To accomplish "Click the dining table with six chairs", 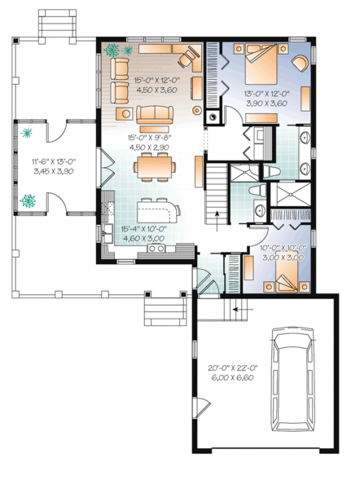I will pos(152,168).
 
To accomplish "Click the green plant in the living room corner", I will pos(113,49).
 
